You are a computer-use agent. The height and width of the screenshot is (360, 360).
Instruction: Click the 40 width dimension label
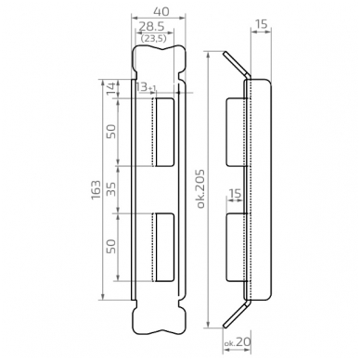click(x=161, y=11)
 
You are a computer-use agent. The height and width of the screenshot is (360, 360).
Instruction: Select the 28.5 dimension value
click(x=151, y=26)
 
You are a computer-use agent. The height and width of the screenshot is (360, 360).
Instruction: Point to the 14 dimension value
click(x=113, y=88)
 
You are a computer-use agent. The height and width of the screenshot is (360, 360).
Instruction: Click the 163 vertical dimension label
click(x=96, y=190)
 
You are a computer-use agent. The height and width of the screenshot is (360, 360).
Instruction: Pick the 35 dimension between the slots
click(x=111, y=189)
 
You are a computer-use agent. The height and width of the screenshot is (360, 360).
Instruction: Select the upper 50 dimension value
click(x=111, y=132)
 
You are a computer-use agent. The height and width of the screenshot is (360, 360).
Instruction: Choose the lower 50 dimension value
click(x=111, y=247)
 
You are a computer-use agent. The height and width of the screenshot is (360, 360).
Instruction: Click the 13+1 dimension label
click(x=146, y=87)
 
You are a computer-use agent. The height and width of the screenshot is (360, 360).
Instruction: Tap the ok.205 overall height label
click(x=200, y=188)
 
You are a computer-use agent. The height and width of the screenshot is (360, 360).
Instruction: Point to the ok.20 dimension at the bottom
click(x=238, y=342)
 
